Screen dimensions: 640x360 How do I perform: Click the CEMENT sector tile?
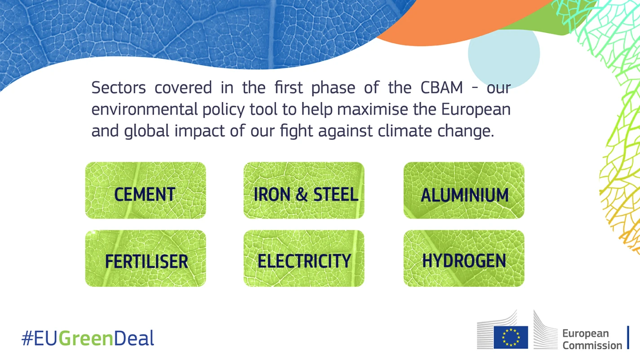point(146,190)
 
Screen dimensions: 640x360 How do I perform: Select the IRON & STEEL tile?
point(304,190)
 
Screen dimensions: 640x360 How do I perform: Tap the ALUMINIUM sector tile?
point(464,190)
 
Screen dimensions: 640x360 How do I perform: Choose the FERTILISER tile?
point(146,258)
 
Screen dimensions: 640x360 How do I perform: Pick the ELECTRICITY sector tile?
point(304,258)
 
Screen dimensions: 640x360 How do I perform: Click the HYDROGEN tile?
point(464,258)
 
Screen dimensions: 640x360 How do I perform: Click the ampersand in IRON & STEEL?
point(302,194)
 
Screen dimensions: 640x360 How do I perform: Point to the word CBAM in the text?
point(442,88)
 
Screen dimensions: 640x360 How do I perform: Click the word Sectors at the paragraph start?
point(119,88)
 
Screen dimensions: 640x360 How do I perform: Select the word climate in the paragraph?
point(405,131)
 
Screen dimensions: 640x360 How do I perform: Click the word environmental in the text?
point(145,109)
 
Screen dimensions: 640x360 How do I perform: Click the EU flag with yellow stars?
point(511,338)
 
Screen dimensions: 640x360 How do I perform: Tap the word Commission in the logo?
point(592,346)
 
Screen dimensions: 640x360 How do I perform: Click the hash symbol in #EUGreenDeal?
point(27,338)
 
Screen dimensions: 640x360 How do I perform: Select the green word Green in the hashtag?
point(86,338)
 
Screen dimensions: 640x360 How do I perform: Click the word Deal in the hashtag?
point(134,338)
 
